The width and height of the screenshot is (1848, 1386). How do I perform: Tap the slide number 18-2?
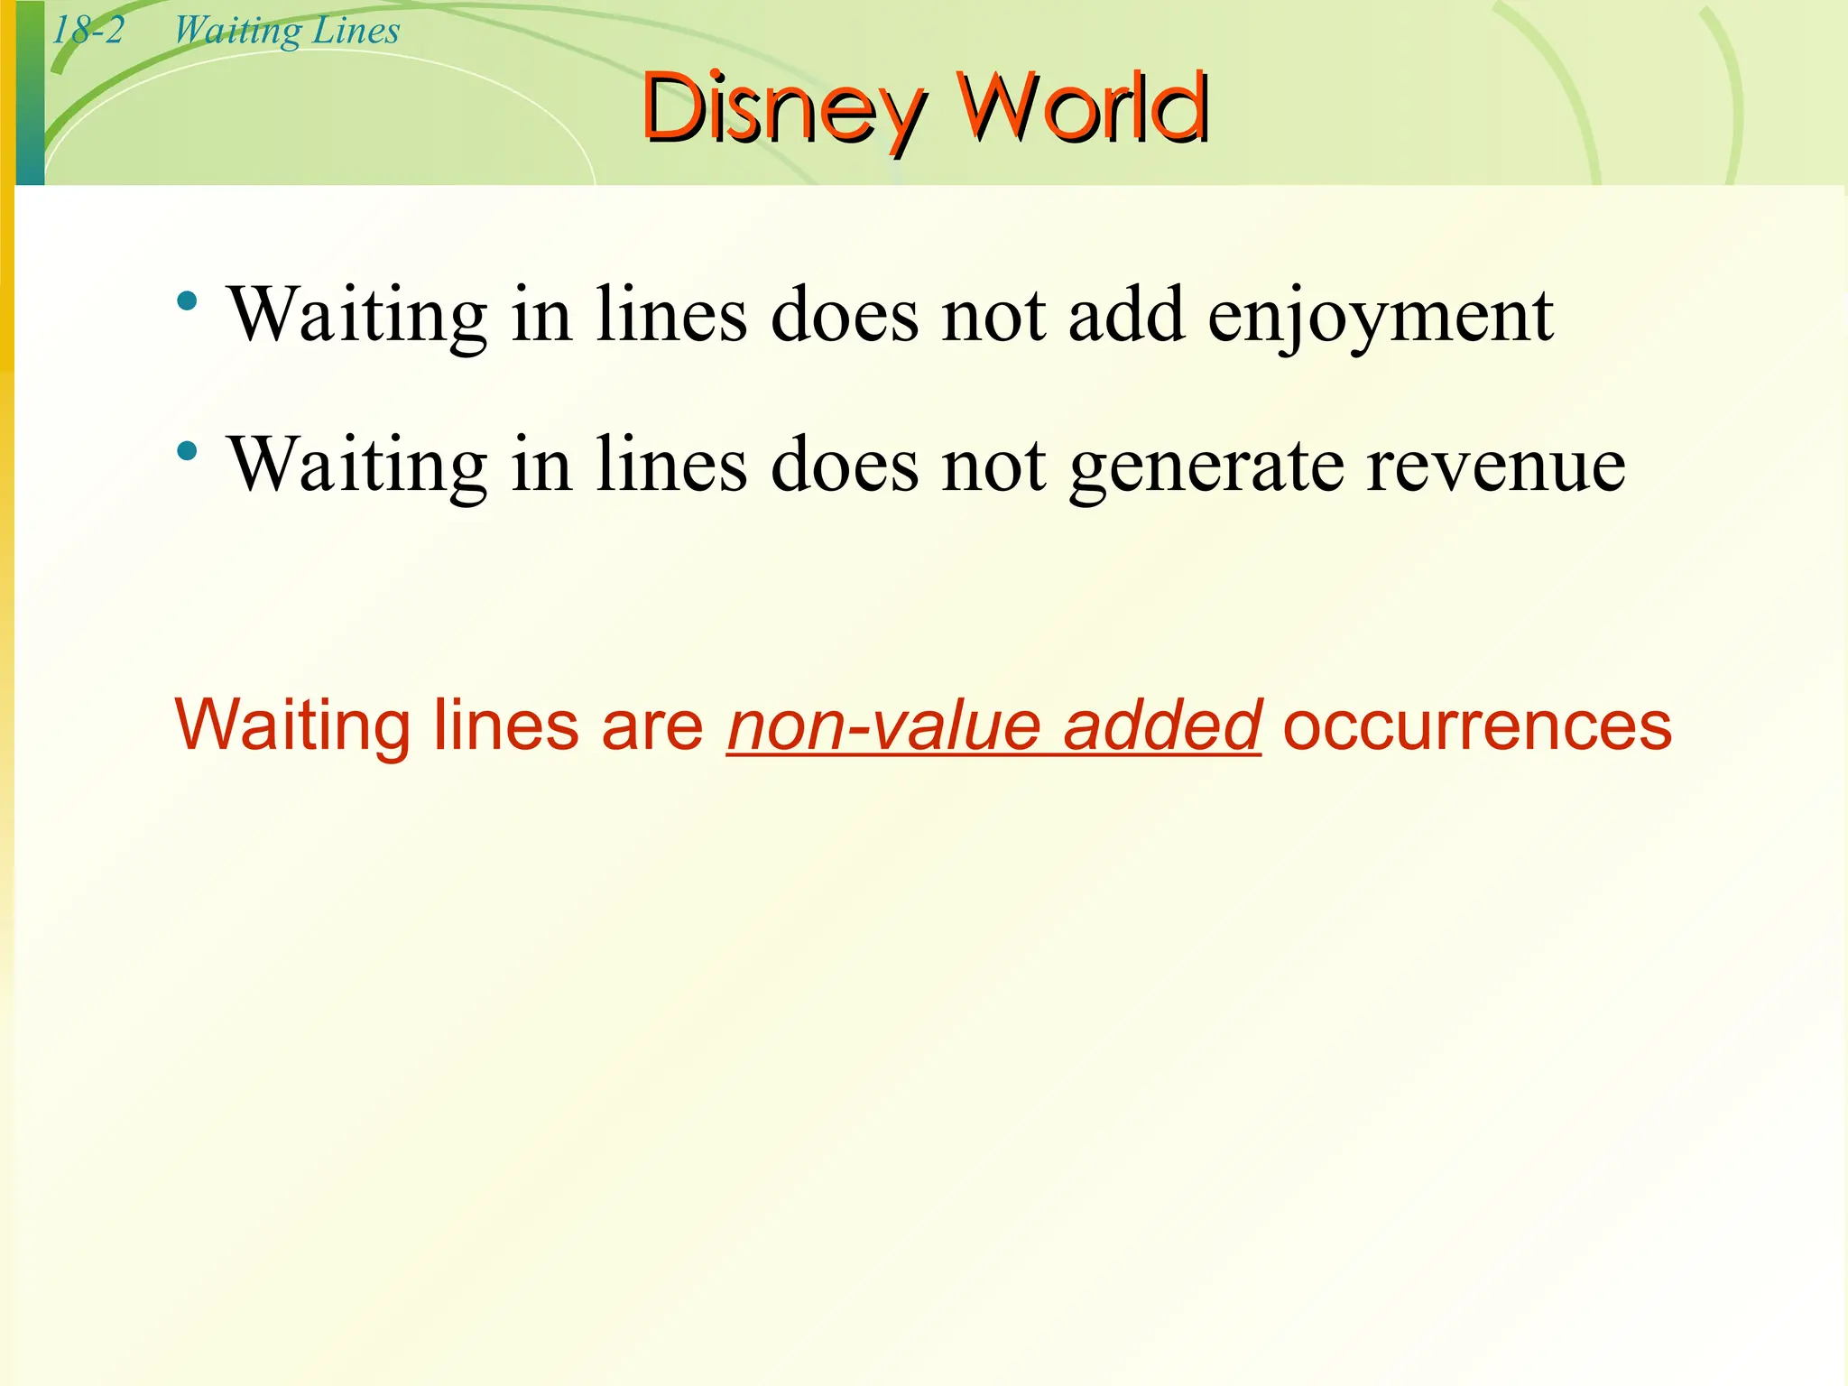coord(88,31)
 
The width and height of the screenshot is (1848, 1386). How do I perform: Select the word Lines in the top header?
coord(356,31)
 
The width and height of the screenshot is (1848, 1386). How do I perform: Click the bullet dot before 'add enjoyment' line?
coord(188,301)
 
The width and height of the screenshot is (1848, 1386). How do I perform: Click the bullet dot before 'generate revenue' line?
coord(188,451)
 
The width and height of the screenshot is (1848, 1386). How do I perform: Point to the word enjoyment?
coord(1381,316)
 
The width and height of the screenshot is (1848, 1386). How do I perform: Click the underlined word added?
coord(1162,725)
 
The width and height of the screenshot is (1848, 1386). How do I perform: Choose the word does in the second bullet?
coord(845,466)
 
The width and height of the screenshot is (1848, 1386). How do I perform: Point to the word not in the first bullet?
coord(993,316)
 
